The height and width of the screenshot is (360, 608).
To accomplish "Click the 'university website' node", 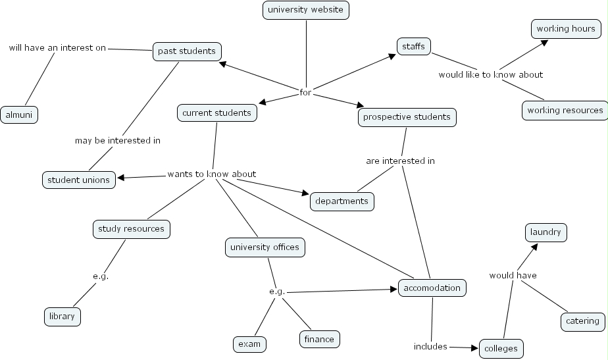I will click(x=306, y=10).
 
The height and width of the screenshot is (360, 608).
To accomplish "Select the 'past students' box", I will click(x=187, y=51).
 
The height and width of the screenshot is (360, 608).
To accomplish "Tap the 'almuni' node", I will click(x=19, y=115).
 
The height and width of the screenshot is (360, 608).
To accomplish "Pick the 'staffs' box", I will click(x=414, y=46).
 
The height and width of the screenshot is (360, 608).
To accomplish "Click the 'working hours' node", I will click(x=565, y=29).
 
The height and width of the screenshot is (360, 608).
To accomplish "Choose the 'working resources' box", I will click(x=565, y=110).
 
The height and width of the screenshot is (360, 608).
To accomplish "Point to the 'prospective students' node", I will click(x=407, y=117).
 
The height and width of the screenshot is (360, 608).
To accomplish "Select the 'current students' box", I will click(x=216, y=113).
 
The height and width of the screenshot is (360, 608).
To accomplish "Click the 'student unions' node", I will click(x=78, y=180).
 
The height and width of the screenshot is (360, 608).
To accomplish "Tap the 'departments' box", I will click(x=342, y=201).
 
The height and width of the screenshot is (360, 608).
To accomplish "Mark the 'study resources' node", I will click(x=131, y=229).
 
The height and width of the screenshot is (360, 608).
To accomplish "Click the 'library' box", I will click(x=63, y=316).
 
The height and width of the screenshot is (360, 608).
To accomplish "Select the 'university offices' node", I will click(x=264, y=247).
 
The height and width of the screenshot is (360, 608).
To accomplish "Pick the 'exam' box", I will click(x=249, y=344).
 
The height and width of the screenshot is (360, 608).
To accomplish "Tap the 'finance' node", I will click(x=319, y=339).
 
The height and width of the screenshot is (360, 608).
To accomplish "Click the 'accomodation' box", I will click(x=432, y=288).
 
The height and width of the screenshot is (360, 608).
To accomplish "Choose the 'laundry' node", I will click(x=545, y=232).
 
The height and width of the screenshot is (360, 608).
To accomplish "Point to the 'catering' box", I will click(x=582, y=321).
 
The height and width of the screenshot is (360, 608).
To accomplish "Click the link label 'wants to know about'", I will click(x=211, y=174).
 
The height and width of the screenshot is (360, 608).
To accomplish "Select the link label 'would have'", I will click(x=513, y=276).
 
